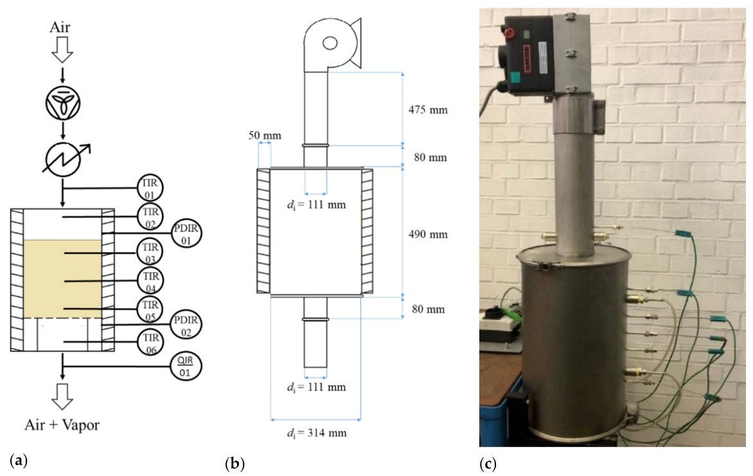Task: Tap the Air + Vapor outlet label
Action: click(62, 425)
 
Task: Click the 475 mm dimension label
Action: click(429, 109)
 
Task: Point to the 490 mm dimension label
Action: click(429, 235)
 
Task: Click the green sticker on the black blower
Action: click(518, 81)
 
